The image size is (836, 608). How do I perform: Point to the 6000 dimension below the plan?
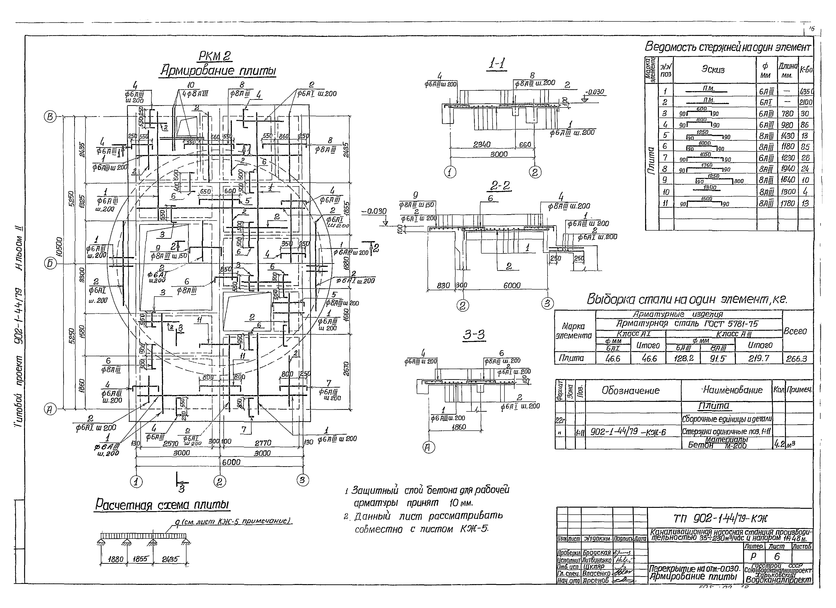pyautogui.click(x=231, y=462)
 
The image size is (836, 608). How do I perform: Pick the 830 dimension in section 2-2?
pyautogui.click(x=443, y=285)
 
